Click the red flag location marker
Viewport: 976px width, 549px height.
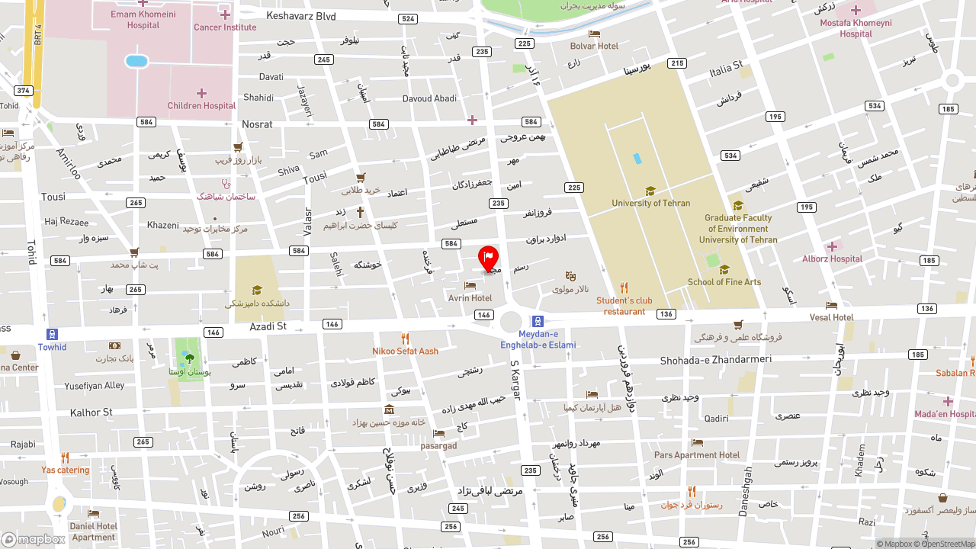coord(488,257)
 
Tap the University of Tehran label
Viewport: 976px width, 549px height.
coord(650,203)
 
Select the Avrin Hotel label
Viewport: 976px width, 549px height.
coord(470,298)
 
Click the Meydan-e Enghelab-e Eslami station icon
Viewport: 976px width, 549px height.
coord(538,322)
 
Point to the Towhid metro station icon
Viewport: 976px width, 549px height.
coord(52,335)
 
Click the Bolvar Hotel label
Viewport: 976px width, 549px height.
coord(594,46)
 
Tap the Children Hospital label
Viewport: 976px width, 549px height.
coord(201,106)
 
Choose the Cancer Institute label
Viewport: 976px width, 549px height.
coord(225,27)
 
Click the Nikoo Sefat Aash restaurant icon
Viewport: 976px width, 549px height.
coord(405,339)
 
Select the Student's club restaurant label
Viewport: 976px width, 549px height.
coord(624,306)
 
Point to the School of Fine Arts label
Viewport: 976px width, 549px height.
coord(724,282)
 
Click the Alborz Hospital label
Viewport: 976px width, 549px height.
coord(832,258)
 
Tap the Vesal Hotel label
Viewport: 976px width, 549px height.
coord(831,317)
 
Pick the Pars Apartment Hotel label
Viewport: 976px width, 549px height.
coord(696,455)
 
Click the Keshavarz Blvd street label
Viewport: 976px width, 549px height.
coord(301,16)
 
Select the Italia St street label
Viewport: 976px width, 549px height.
coord(726,69)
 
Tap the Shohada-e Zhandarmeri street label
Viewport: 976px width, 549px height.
coord(715,360)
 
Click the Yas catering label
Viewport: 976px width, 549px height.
coord(65,470)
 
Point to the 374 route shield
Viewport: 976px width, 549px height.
coord(23,91)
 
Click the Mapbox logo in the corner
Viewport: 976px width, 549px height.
coord(34,539)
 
